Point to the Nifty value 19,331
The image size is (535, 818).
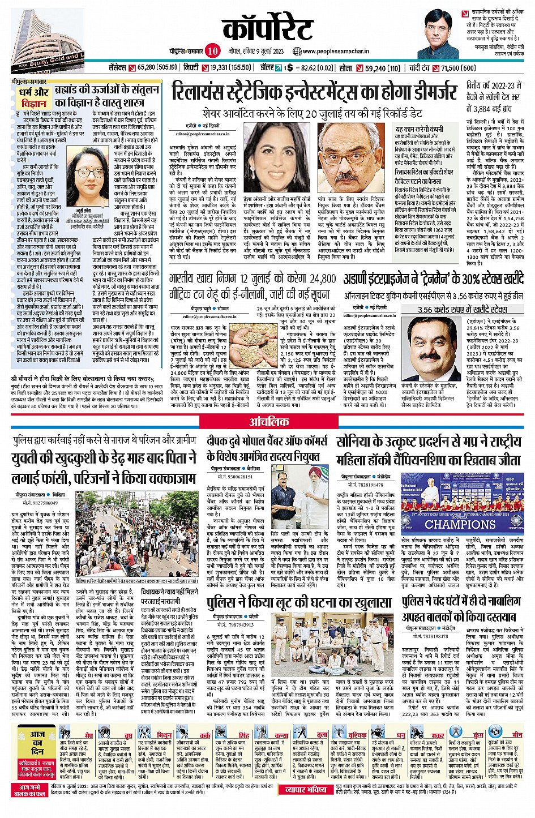(x=222, y=68)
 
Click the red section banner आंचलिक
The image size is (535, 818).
(x=269, y=422)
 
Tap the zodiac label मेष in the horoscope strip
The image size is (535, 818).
(x=88, y=735)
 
